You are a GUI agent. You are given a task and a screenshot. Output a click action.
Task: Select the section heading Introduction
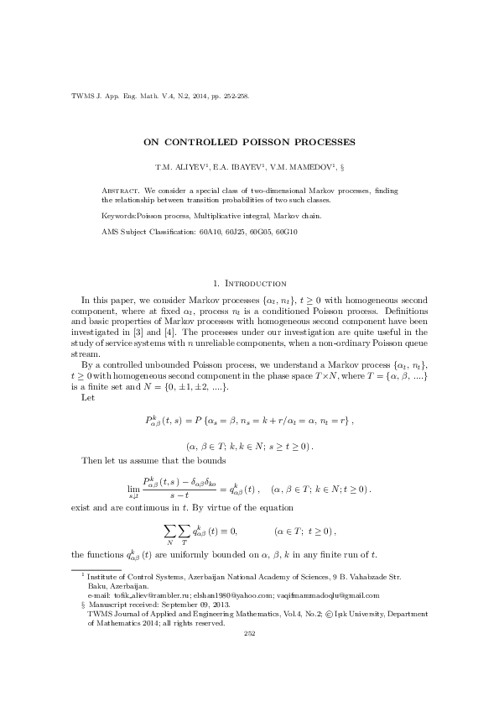tap(256, 284)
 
